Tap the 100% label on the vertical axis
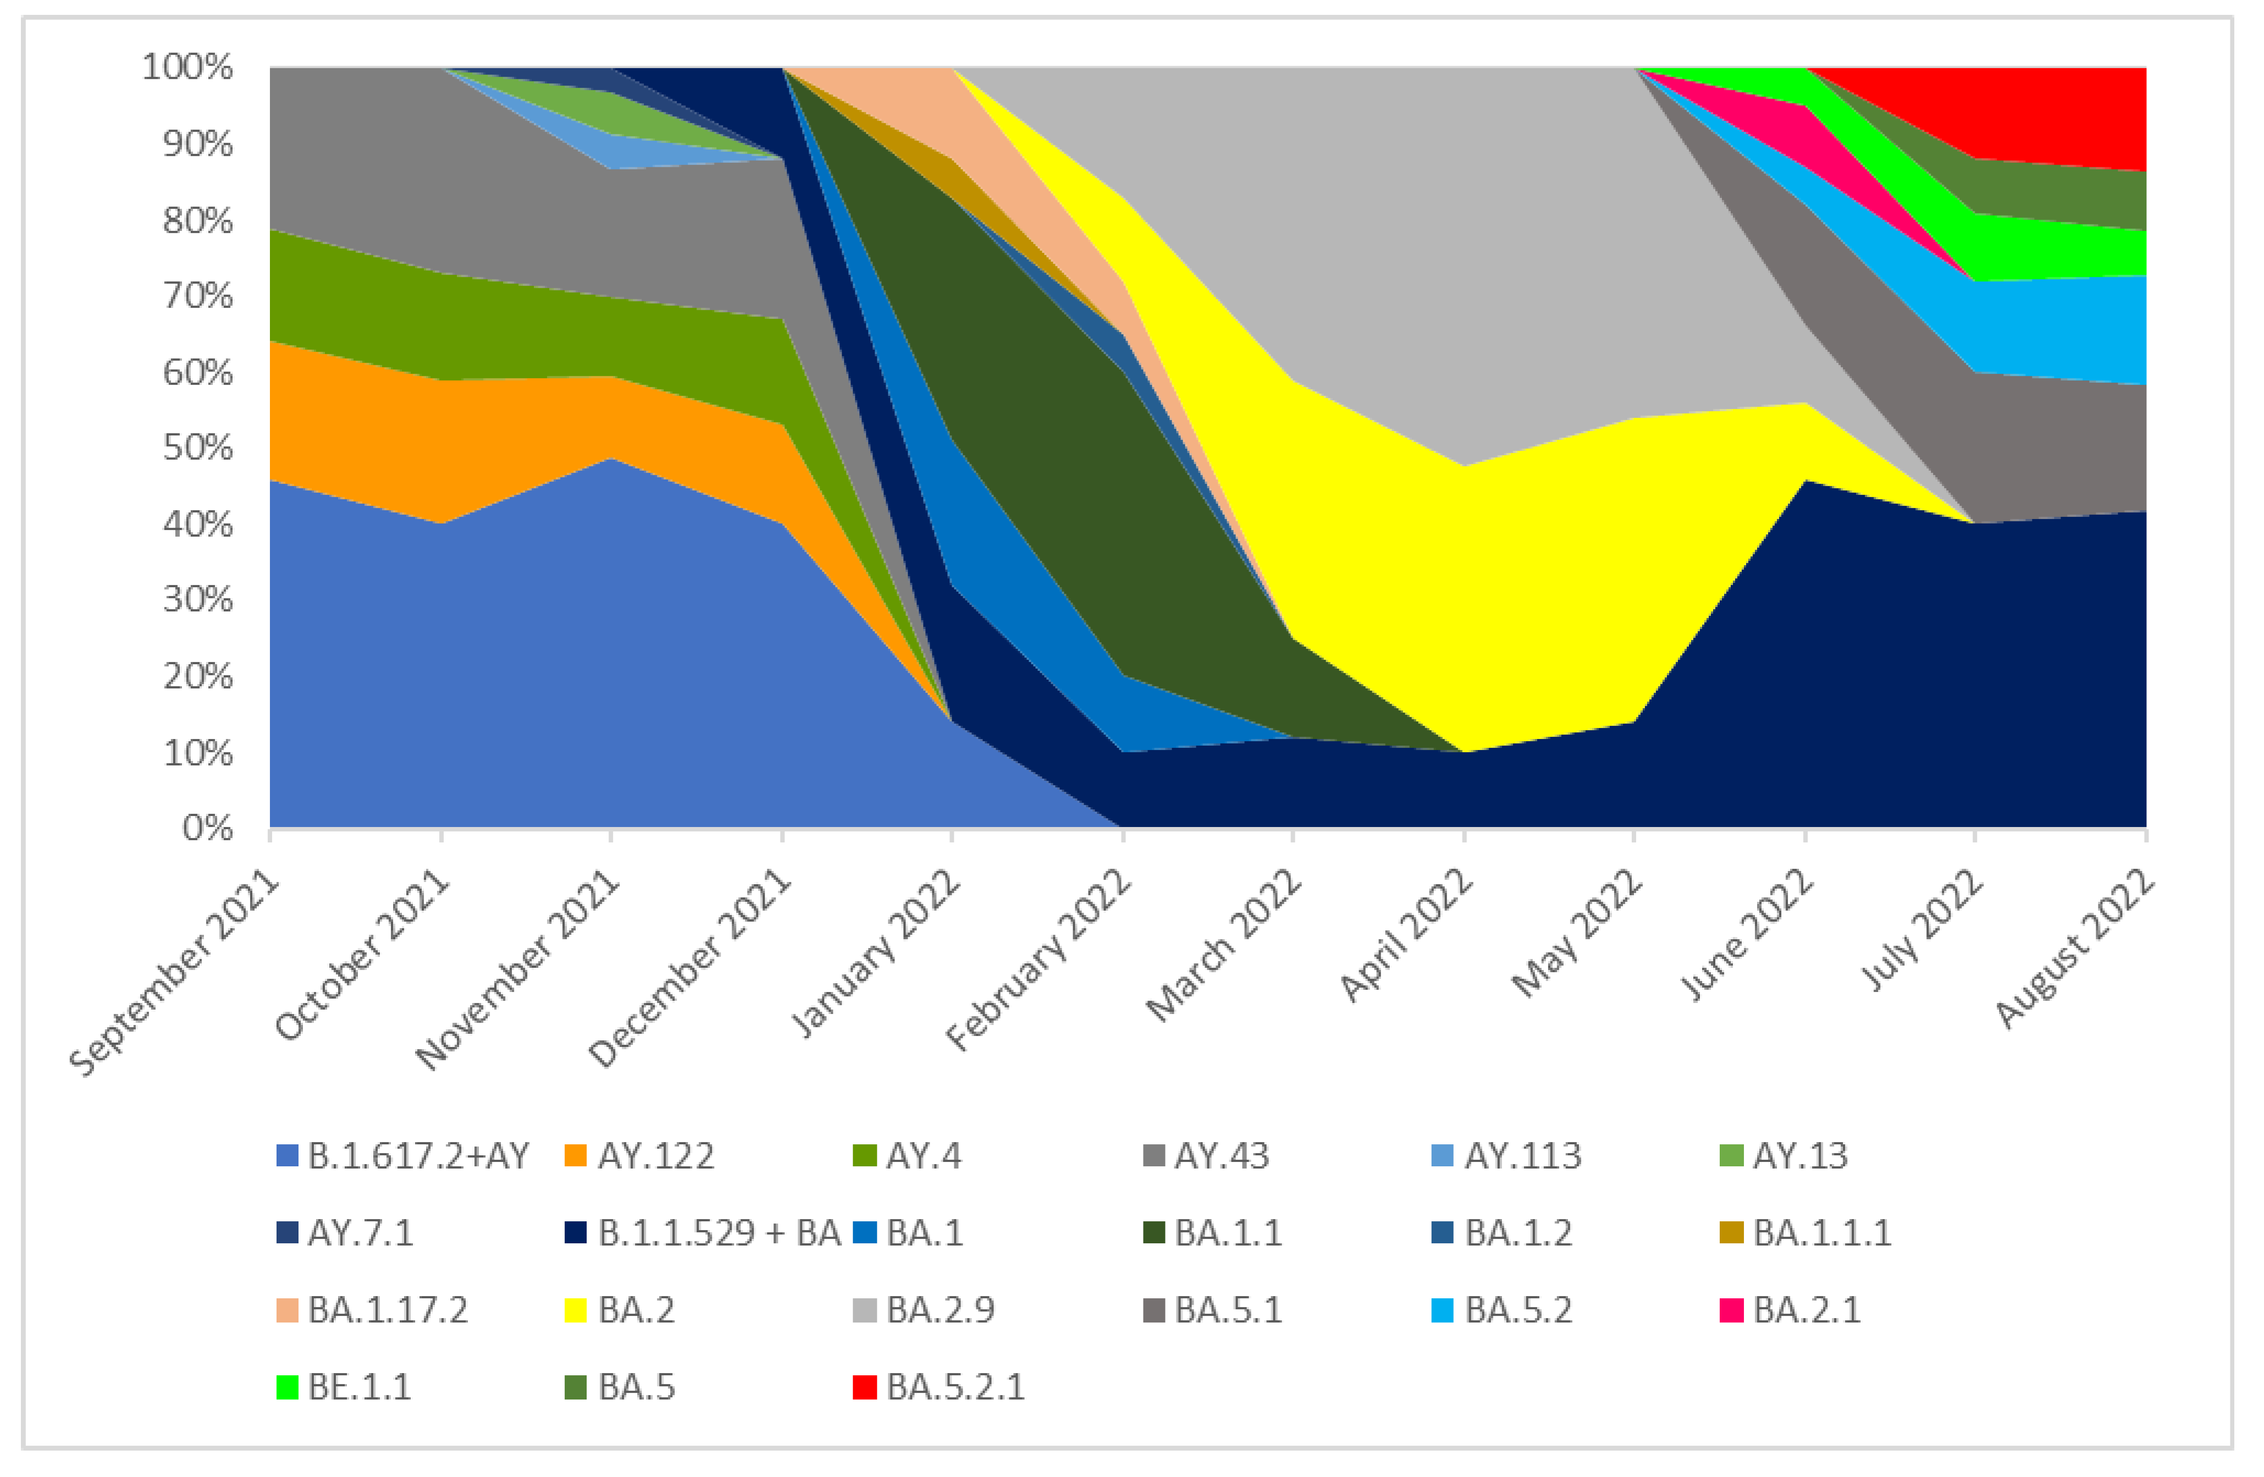coord(187,68)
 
